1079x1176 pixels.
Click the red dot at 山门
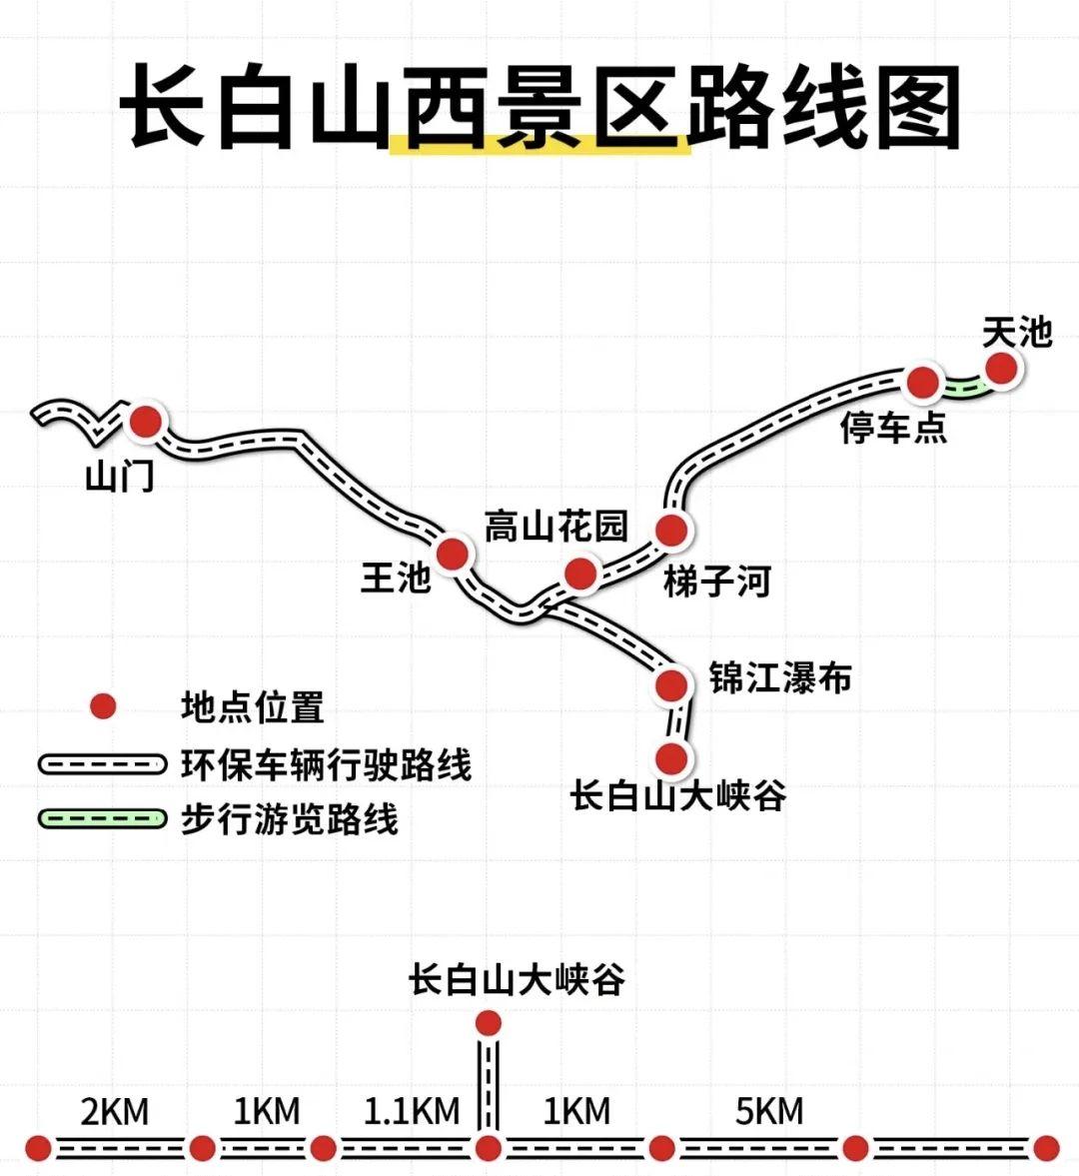coord(146,422)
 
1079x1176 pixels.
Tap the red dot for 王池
coord(452,553)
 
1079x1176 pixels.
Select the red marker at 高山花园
coord(580,574)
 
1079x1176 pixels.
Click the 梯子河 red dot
coord(671,530)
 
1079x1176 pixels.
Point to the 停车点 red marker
coord(922,381)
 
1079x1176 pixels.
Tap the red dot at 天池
coord(1000,369)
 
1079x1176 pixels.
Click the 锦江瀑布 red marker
coord(671,684)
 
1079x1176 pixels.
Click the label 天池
coord(1016,332)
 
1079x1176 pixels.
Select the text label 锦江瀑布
coord(780,677)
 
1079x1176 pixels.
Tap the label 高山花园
coord(555,526)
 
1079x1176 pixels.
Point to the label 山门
coord(120,477)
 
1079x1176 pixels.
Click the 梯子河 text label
coord(717,580)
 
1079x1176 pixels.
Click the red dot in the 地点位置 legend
coord(102,706)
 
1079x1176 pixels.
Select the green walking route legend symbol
coord(101,818)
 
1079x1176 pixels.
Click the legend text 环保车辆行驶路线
coord(326,764)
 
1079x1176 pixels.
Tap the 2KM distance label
coord(115,1111)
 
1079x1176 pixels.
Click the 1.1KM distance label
coord(412,1111)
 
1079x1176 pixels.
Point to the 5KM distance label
coord(769,1111)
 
